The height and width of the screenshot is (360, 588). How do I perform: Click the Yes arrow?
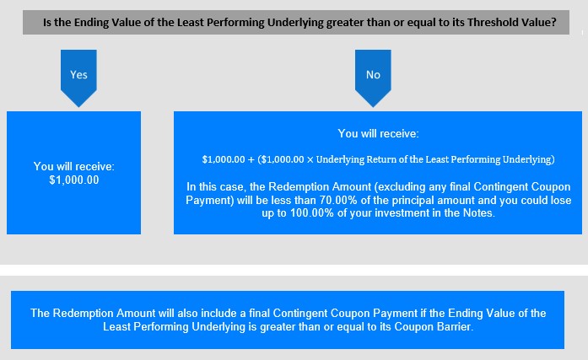click(x=78, y=78)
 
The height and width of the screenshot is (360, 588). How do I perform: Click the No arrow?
click(x=373, y=78)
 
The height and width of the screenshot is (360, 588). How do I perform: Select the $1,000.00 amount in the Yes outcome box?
click(x=74, y=180)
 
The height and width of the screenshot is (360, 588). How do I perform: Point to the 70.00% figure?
click(x=338, y=200)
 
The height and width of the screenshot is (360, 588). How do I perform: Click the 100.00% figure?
click(x=312, y=213)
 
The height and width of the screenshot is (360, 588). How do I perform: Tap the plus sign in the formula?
click(x=251, y=159)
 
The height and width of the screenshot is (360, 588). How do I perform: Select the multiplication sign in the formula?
click(x=310, y=160)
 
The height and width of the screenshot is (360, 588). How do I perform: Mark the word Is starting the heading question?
click(x=46, y=23)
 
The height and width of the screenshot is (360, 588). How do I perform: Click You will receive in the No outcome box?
click(x=378, y=134)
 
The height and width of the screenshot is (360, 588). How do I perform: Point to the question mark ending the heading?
click(x=554, y=23)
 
